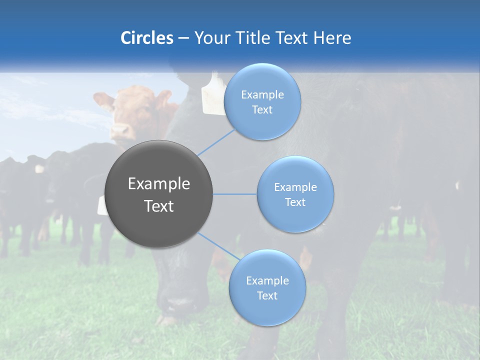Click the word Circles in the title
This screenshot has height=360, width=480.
coord(146,38)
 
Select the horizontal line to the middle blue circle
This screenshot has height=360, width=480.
coord(235,194)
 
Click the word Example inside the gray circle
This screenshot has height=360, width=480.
coord(159,184)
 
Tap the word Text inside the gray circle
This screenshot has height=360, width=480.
coord(159,206)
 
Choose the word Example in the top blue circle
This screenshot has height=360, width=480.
coord(262,95)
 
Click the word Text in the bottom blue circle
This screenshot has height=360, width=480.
coord(267,295)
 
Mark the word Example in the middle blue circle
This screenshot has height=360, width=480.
coord(295,187)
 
